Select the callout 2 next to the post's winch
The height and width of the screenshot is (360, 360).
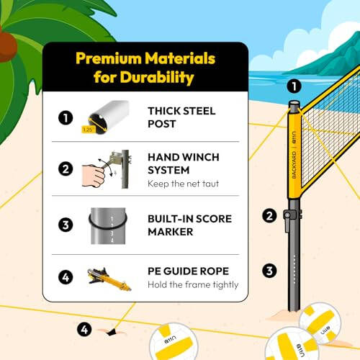(x=270, y=215)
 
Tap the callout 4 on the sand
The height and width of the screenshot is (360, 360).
(x=85, y=330)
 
